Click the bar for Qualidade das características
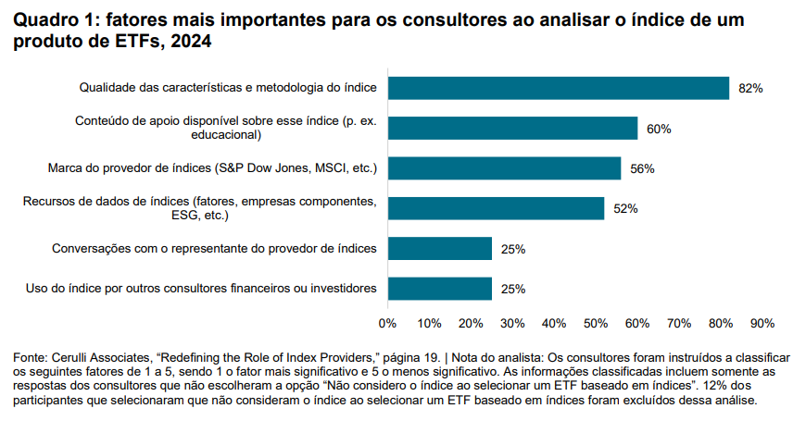(x=559, y=88)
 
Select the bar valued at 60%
(x=512, y=128)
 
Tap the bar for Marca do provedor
(x=504, y=168)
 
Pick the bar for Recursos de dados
(x=496, y=208)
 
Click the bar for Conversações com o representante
(x=440, y=249)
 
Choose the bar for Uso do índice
(x=440, y=289)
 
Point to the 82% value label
(x=750, y=89)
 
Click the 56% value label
(x=643, y=169)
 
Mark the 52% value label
(x=625, y=209)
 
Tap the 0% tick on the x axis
(x=388, y=323)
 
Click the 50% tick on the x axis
(x=596, y=323)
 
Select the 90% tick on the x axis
(x=762, y=323)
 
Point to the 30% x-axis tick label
(x=512, y=323)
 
